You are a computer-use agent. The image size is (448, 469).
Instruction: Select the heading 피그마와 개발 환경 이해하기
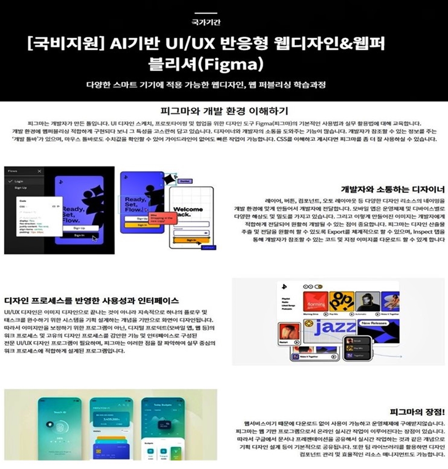click(x=224, y=111)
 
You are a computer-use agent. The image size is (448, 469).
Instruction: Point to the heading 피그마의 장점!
click(x=417, y=412)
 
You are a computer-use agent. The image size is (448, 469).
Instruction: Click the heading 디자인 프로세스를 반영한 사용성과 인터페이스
click(x=91, y=300)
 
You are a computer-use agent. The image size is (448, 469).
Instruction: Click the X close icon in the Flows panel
click(x=39, y=171)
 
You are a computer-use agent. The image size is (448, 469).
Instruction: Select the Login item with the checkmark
click(x=18, y=181)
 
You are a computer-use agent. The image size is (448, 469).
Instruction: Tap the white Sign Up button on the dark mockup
click(x=79, y=228)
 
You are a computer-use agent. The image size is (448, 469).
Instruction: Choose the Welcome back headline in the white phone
click(x=188, y=212)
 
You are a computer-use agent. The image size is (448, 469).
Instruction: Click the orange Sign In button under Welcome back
click(x=191, y=240)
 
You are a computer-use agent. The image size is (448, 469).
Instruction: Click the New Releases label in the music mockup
click(x=374, y=323)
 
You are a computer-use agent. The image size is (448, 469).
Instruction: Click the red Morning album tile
click(x=315, y=303)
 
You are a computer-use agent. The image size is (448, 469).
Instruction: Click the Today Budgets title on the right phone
click(x=162, y=405)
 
